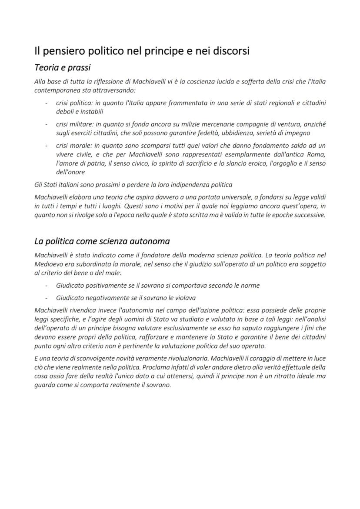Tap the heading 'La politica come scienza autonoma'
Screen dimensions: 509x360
(102, 241)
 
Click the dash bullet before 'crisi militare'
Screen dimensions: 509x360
(47, 124)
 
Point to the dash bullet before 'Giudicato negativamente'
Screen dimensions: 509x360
(47, 298)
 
